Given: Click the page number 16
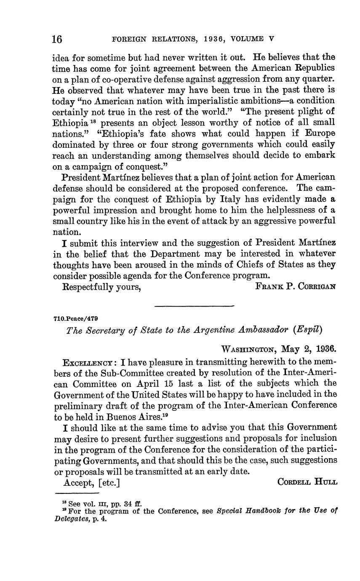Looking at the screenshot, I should coord(57,39).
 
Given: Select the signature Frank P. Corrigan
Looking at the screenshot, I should coord(296,287).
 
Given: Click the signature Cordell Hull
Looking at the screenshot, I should coord(307,482).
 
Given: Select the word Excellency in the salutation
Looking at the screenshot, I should coord(87,362).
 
